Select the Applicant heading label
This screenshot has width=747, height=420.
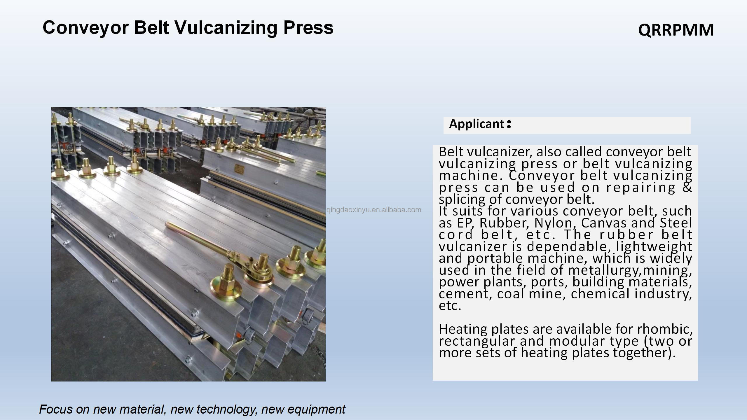coord(480,124)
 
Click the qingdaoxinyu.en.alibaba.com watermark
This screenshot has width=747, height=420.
coord(374,210)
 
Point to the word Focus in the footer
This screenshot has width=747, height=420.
coord(56,409)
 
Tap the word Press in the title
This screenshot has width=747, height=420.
coord(308,28)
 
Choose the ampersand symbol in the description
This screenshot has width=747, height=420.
coord(687,187)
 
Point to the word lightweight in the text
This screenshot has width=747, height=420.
coord(654,247)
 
